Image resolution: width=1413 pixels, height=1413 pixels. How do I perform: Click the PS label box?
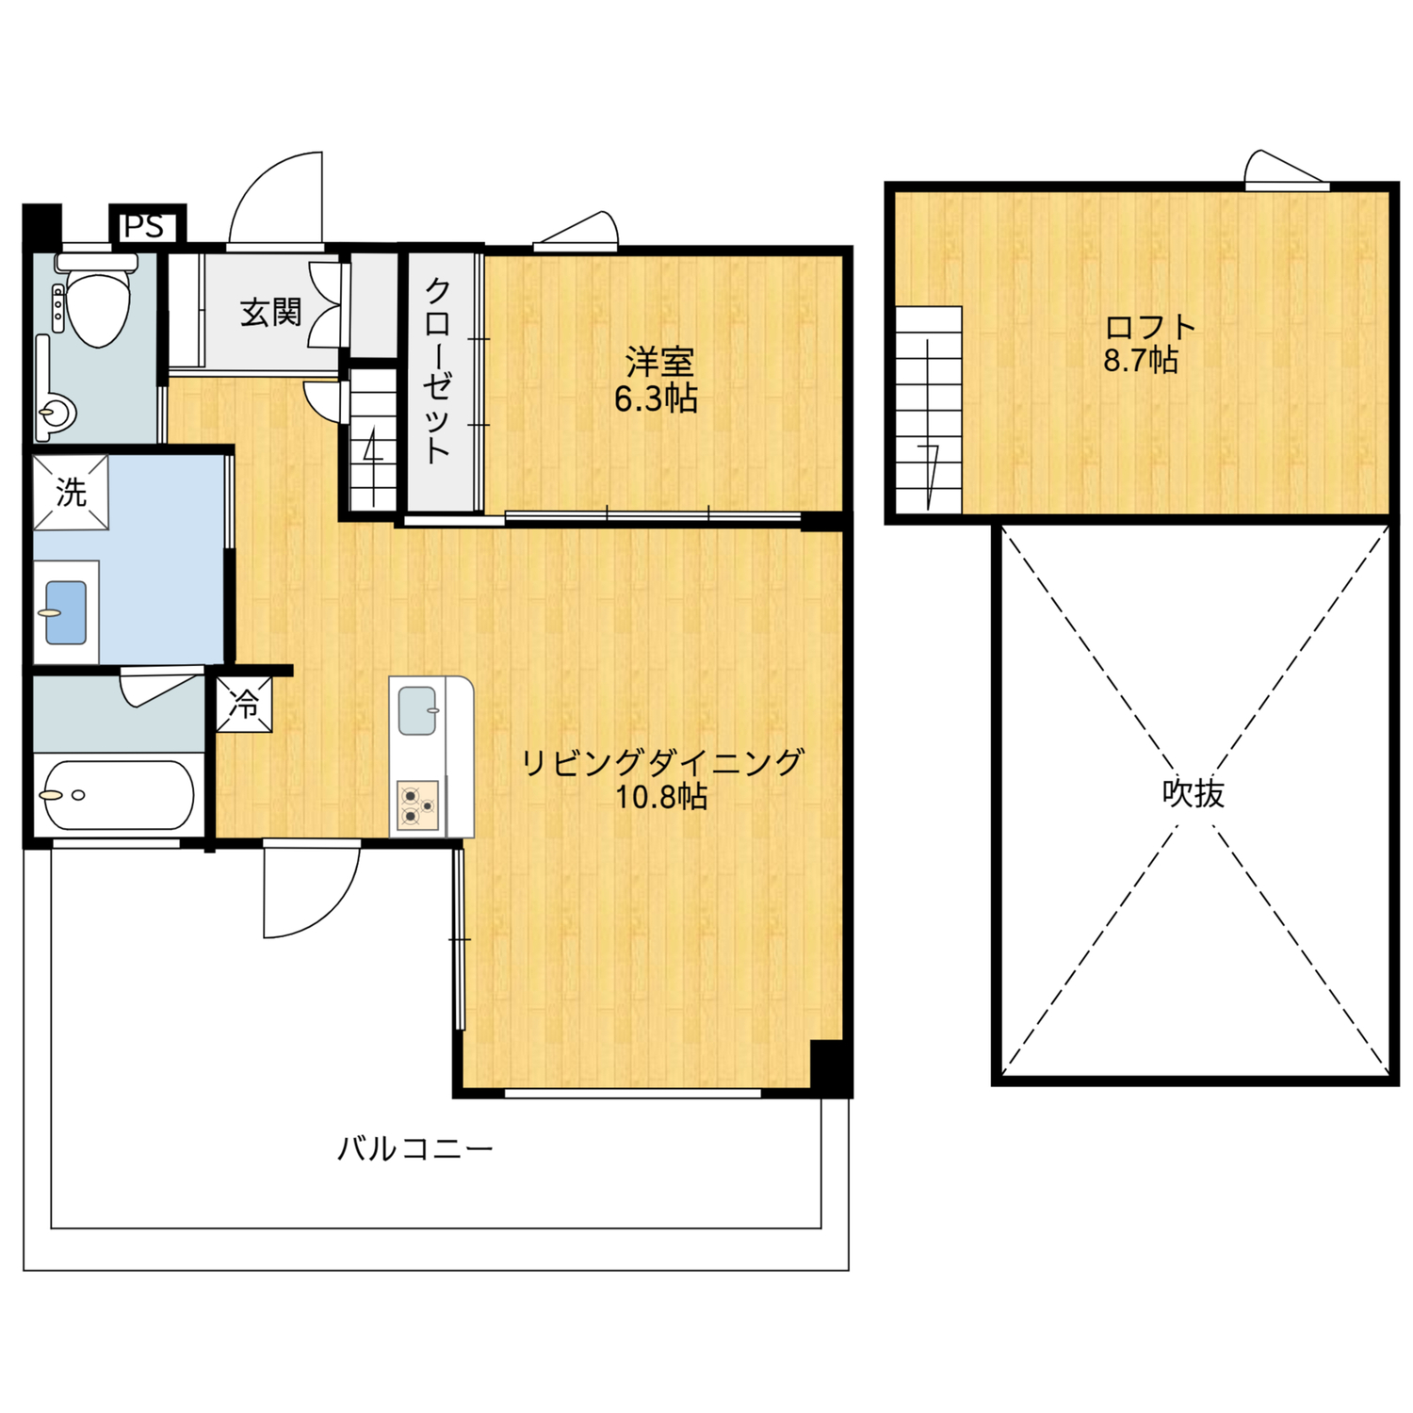point(147,225)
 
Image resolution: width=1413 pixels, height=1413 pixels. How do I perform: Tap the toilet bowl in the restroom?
point(98,303)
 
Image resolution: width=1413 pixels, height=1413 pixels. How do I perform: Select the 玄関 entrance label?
point(270,313)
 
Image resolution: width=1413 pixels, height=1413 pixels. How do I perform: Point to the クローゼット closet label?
point(437,370)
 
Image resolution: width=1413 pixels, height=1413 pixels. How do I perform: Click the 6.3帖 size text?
point(656,399)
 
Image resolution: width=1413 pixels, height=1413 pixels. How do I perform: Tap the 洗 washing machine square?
point(71,492)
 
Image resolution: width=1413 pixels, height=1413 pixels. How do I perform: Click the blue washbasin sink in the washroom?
point(66,612)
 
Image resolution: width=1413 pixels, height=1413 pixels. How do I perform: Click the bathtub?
point(117,795)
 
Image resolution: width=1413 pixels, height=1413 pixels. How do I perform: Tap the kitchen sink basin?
point(417,710)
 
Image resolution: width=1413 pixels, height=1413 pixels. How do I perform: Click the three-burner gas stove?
point(417,805)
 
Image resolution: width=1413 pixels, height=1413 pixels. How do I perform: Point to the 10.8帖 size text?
point(661,798)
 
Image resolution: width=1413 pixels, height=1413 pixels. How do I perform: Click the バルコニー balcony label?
point(415,1148)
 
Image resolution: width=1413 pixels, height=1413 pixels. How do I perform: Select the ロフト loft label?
point(1150,327)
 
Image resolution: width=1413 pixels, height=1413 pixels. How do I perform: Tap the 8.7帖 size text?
point(1141,360)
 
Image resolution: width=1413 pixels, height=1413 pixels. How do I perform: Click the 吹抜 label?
point(1193,793)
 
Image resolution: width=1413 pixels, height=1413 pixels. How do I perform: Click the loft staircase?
point(929,410)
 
